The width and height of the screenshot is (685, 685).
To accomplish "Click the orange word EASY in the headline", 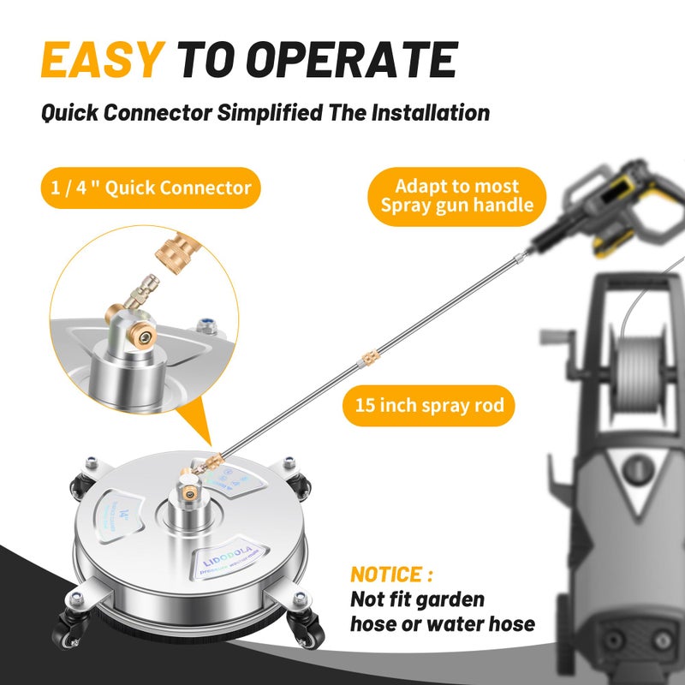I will coord(101,60).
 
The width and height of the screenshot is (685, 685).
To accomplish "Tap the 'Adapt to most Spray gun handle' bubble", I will coord(457,196).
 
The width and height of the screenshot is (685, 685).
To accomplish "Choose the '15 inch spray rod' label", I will coord(429,406).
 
